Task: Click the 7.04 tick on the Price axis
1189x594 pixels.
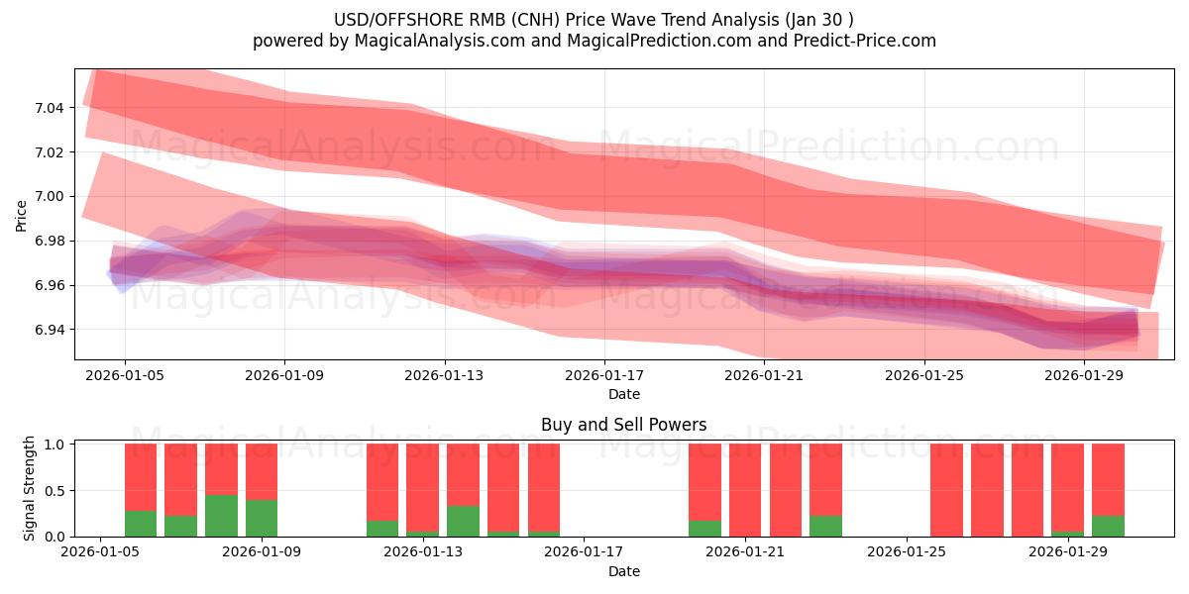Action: point(51,107)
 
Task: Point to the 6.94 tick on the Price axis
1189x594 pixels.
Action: point(51,330)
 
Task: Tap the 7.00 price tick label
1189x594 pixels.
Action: point(51,196)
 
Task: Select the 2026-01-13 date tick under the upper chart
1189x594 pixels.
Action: point(445,376)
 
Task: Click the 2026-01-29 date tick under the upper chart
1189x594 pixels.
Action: point(1084,376)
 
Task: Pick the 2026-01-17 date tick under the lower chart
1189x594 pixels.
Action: point(585,552)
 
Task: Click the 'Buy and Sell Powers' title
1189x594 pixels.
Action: point(623,425)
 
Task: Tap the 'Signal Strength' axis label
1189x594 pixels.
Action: point(30,487)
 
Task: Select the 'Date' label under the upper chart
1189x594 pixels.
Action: point(623,394)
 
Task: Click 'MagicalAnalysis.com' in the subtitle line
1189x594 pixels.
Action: point(417,41)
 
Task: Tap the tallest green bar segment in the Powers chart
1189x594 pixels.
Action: point(221,516)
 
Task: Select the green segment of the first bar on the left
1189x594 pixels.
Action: point(141,524)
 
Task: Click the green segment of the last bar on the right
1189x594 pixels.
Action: point(1108,526)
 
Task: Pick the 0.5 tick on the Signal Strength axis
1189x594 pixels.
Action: point(55,490)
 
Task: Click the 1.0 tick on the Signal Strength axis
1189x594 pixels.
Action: point(55,445)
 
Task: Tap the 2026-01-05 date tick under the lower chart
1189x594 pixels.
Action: point(99,552)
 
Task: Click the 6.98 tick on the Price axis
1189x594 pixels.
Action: point(51,241)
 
